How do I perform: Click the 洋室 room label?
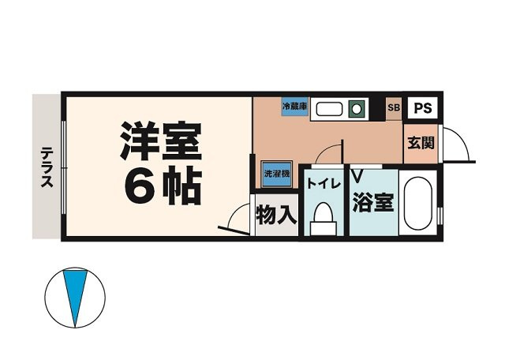tap(161, 140)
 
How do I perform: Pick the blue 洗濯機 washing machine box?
tap(276, 171)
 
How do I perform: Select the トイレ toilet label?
tap(324, 183)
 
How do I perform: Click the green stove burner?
tap(357, 108)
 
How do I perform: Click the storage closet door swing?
tap(238, 218)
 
